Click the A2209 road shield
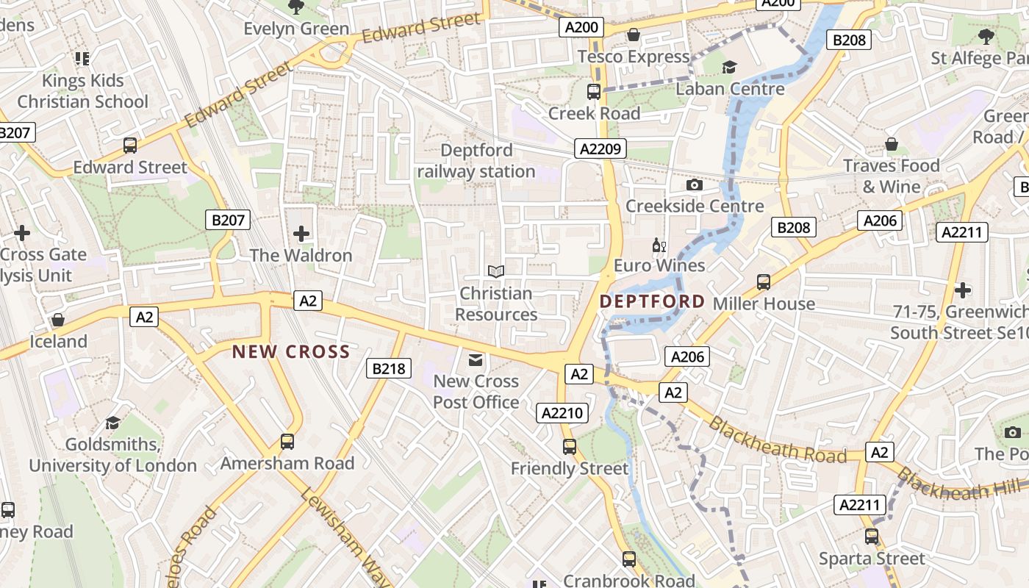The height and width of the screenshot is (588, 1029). (600, 149)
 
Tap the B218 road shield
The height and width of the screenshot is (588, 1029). (388, 368)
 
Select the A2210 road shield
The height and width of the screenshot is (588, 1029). (562, 413)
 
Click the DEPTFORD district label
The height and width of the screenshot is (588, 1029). (652, 301)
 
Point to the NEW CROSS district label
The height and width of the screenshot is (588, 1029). (291, 352)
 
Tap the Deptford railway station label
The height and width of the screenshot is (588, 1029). (476, 161)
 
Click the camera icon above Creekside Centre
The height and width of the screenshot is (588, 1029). (694, 185)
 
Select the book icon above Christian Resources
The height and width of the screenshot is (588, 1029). (496, 272)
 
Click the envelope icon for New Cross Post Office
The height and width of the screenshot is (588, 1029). (476, 360)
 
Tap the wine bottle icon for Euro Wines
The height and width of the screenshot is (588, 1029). (659, 245)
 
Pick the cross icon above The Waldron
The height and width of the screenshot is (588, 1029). (301, 234)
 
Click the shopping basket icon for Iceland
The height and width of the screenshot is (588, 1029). (58, 320)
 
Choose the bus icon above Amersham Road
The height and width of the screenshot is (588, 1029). (287, 442)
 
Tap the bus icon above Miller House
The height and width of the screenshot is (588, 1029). (764, 282)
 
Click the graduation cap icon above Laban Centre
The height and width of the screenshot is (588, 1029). (729, 68)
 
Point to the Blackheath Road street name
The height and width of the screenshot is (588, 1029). (777, 441)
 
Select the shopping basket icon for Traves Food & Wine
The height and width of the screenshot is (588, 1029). (891, 144)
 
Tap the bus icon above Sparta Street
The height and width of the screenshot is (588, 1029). (872, 537)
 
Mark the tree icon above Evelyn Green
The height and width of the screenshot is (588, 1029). (296, 7)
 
